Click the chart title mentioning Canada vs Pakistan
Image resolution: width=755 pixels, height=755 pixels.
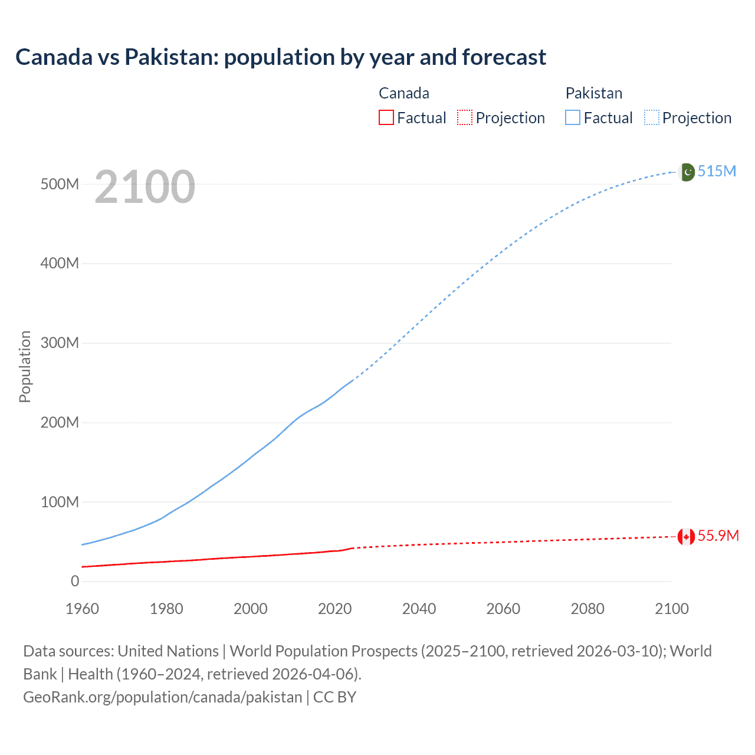pyautogui.click(x=281, y=57)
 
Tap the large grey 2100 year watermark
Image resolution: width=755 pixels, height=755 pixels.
pyautogui.click(x=145, y=187)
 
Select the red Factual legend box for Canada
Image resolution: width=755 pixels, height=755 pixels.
pyautogui.click(x=386, y=117)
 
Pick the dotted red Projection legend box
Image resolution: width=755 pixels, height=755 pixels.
pyautogui.click(x=465, y=117)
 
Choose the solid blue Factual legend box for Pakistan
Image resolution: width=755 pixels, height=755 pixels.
pyautogui.click(x=573, y=117)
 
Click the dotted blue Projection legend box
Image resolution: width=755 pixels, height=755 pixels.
pyautogui.click(x=652, y=117)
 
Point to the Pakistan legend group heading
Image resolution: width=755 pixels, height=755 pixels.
pyautogui.click(x=593, y=93)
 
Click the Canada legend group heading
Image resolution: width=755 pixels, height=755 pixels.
pyautogui.click(x=403, y=93)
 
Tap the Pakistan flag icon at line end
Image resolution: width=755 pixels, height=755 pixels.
pyautogui.click(x=686, y=172)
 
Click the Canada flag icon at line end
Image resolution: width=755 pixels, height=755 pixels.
pyautogui.click(x=686, y=536)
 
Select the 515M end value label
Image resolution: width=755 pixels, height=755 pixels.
pyautogui.click(x=717, y=171)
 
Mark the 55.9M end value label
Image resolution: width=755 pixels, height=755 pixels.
pyautogui.click(x=718, y=536)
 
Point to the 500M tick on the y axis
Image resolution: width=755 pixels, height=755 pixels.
pyautogui.click(x=60, y=184)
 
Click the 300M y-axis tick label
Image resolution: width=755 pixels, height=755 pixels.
pyautogui.click(x=60, y=343)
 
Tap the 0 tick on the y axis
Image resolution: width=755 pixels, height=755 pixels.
pyautogui.click(x=75, y=581)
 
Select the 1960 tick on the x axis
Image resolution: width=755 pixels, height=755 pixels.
pyautogui.click(x=82, y=609)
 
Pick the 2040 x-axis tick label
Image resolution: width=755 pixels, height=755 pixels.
pyautogui.click(x=419, y=609)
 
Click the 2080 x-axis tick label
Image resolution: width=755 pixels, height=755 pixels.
pyautogui.click(x=587, y=609)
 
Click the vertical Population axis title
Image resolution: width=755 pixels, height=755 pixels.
pyautogui.click(x=25, y=366)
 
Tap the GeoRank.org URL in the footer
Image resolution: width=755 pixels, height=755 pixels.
pyautogui.click(x=162, y=697)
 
